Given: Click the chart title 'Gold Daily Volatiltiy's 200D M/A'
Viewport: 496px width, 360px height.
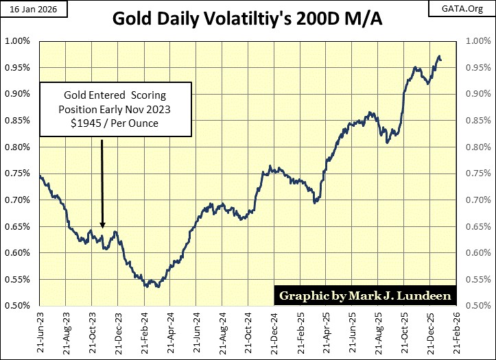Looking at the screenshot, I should tap(248, 19).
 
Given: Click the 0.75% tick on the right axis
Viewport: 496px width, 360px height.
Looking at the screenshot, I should tap(477, 173).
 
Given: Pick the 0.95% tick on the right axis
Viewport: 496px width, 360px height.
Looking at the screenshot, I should tap(477, 68).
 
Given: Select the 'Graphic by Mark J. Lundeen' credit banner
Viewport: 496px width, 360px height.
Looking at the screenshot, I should tap(364, 296).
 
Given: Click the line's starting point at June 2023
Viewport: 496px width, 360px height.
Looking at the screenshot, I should tap(40, 177).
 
